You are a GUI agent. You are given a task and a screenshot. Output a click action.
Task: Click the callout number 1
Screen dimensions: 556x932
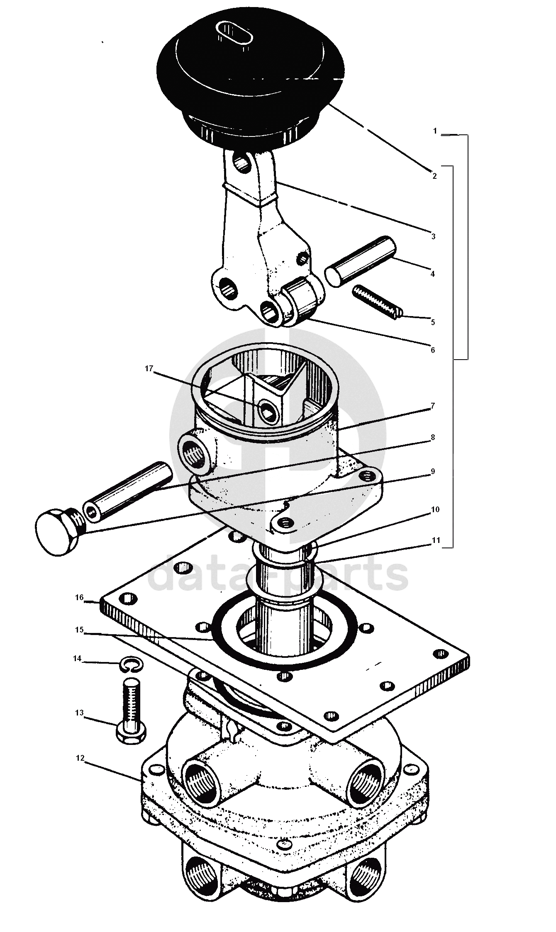point(435,131)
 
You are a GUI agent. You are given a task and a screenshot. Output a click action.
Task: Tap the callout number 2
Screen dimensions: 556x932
point(434,176)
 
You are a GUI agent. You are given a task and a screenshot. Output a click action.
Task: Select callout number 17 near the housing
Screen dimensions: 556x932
point(149,368)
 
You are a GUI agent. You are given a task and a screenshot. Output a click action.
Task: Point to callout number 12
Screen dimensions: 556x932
point(80,758)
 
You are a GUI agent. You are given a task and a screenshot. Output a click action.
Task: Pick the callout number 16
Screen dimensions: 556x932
point(80,597)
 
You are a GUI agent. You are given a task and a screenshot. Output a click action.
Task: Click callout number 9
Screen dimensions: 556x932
point(433,471)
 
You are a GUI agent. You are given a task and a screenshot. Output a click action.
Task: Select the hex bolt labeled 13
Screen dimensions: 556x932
point(132,711)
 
